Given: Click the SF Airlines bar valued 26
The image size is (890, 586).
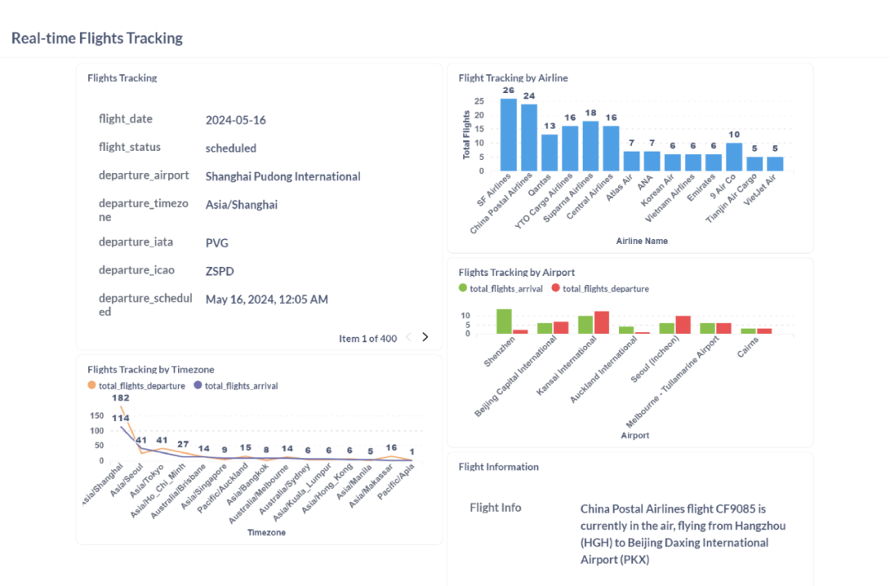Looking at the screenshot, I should click(x=508, y=135).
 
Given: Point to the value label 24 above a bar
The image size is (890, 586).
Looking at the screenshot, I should click(x=529, y=96).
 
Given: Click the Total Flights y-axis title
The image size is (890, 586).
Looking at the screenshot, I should click(x=466, y=134).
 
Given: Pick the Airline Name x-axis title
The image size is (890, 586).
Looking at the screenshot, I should click(x=641, y=241).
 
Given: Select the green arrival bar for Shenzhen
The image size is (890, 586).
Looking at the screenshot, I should click(x=504, y=321).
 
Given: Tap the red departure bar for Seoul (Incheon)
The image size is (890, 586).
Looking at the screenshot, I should click(x=683, y=325).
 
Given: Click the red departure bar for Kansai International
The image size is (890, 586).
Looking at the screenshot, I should click(x=602, y=322).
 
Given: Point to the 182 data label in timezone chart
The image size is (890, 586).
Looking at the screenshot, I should click(x=121, y=398).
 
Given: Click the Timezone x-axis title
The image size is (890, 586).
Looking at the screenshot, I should click(x=267, y=532).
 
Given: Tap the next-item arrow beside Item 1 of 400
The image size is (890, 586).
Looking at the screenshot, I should click(x=425, y=337).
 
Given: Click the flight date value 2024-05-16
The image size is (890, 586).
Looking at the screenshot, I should click(x=236, y=120).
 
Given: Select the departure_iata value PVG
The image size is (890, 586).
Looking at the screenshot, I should click(x=217, y=243).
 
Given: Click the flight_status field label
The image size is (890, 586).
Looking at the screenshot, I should click(x=129, y=147).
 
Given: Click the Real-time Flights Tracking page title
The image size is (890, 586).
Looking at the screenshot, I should click(x=97, y=38).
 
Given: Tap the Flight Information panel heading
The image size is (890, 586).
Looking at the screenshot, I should click(x=499, y=466).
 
